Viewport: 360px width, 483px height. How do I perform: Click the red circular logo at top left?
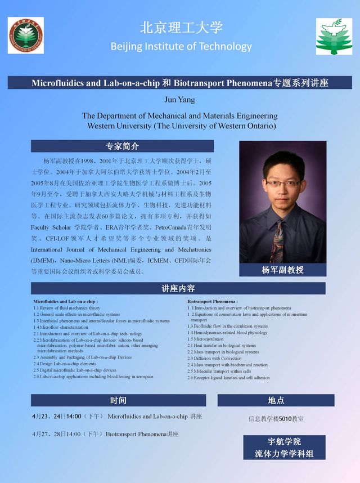coord(25,35)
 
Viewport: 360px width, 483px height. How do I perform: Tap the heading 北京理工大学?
coord(181,28)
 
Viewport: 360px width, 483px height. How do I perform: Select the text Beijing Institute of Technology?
coord(181,46)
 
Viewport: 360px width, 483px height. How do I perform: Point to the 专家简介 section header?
coord(122,146)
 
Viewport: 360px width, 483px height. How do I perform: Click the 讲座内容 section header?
coord(178,288)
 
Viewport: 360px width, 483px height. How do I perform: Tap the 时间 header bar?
coord(118,400)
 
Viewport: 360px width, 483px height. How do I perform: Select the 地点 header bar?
coord(276,400)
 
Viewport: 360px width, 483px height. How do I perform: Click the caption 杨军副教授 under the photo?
coord(282,270)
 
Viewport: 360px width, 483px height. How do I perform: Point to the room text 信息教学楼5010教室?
coord(276,419)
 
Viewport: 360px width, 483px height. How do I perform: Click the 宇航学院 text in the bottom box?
coord(284,441)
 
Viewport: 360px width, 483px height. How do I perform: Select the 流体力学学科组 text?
coord(284,453)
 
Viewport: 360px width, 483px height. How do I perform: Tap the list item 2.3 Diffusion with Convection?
coord(214,358)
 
